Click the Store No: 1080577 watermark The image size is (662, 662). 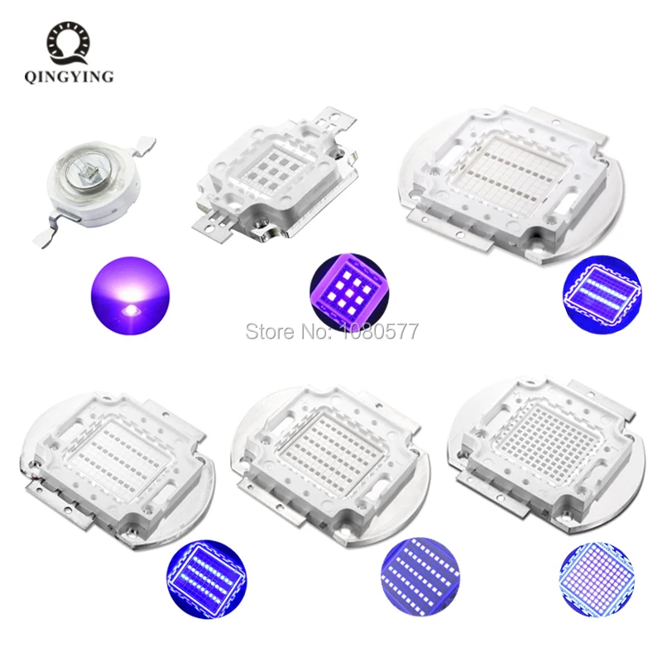(x=331, y=333)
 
